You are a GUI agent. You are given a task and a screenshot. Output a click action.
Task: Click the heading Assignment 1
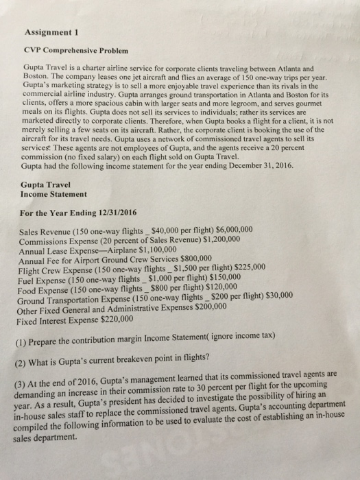[43, 31]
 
